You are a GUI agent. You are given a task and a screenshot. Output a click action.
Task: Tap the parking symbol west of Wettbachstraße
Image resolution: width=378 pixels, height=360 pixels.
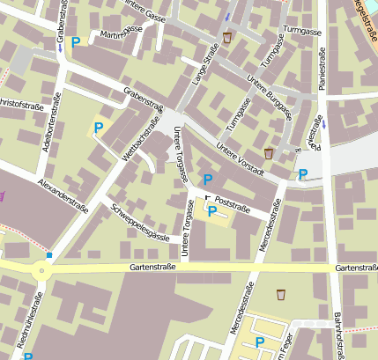point(98,128)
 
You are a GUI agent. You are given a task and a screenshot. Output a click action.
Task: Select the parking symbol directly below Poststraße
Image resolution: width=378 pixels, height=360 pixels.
point(211,210)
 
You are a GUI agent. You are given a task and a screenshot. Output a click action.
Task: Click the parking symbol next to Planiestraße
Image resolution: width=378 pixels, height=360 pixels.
point(303,173)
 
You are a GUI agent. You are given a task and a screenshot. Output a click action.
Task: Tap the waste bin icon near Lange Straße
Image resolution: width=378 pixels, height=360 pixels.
point(227,38)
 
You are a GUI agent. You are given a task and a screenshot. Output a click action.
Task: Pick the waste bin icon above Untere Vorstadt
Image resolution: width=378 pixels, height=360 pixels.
point(269,153)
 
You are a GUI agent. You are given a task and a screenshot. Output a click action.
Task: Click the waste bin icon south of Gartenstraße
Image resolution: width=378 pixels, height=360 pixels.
point(281,295)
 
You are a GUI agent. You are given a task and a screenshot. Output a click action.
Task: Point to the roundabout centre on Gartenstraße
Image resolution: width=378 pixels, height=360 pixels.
point(40,272)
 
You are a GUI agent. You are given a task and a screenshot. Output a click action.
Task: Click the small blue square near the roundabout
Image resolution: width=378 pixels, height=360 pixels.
point(49,255)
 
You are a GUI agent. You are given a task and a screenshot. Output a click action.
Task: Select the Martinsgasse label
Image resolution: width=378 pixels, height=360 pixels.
point(121,32)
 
